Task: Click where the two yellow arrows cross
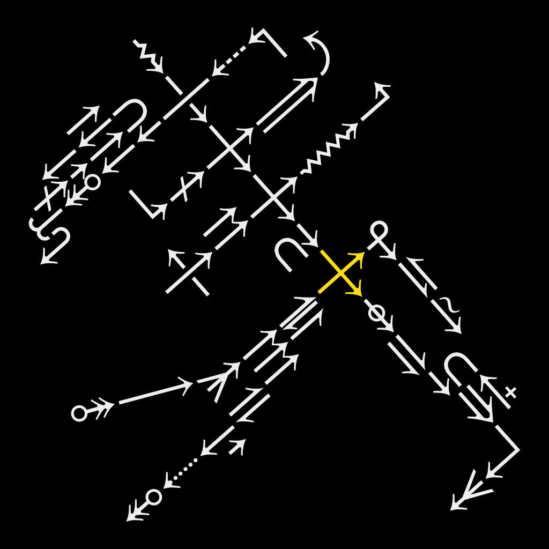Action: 340,273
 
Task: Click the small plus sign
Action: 510,392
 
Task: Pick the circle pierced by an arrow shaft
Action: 377,313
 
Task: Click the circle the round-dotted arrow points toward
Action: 154,497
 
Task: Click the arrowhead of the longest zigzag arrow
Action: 352,129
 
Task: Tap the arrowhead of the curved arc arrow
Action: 309,38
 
